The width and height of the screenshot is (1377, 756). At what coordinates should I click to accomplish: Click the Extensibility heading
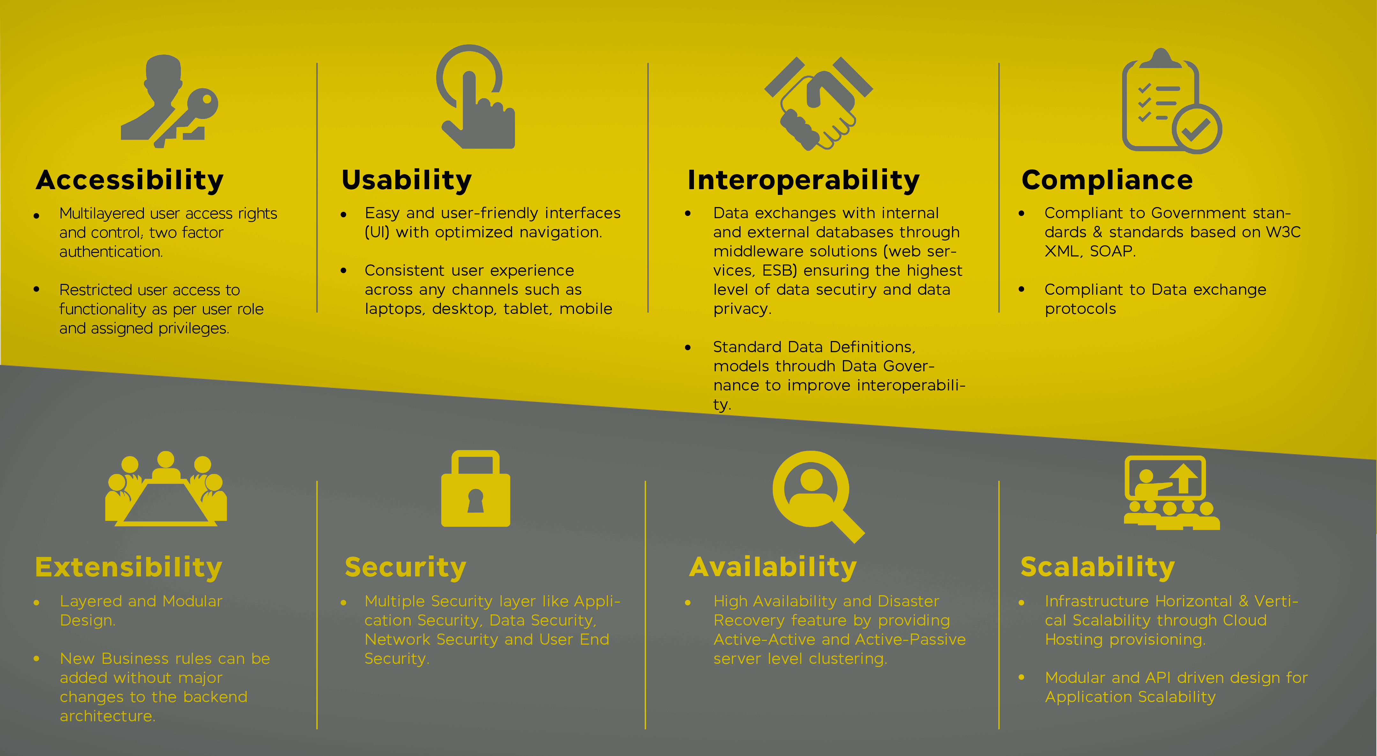pos(128,567)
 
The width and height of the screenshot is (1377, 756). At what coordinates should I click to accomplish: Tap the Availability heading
pos(773,567)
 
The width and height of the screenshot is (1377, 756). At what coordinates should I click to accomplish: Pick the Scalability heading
pos(1098,567)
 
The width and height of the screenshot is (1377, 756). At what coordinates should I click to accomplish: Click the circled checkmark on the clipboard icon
pos(1196,129)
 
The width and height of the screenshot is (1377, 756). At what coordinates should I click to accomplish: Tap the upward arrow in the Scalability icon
pos(1184,478)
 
